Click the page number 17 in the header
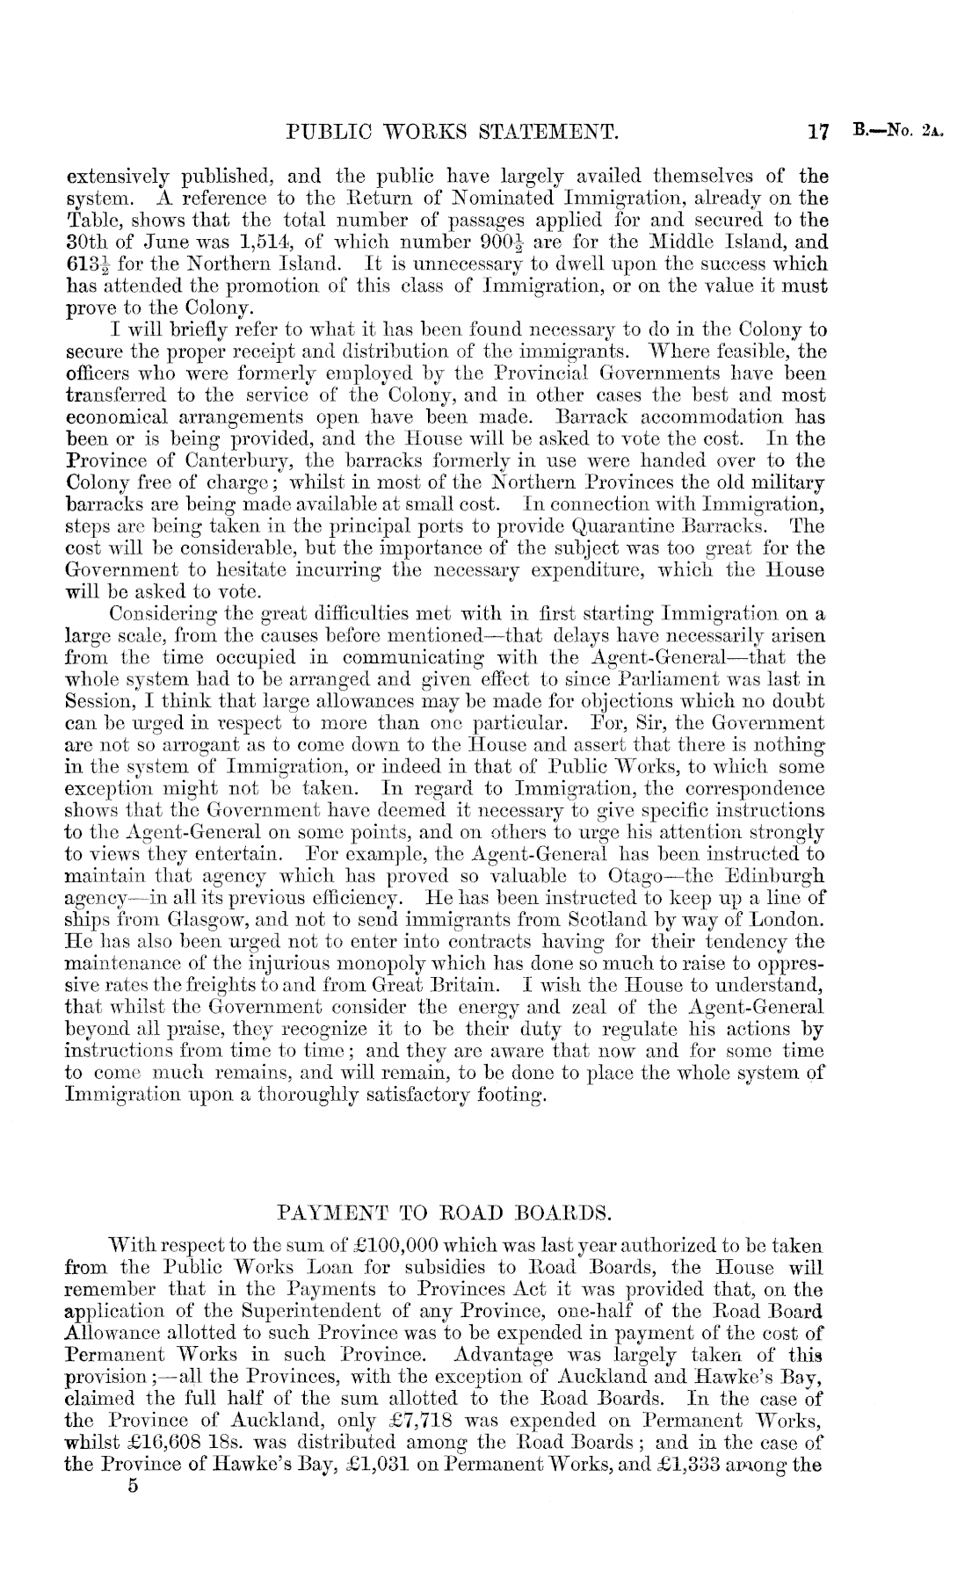(x=818, y=134)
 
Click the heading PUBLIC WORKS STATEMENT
(x=454, y=134)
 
